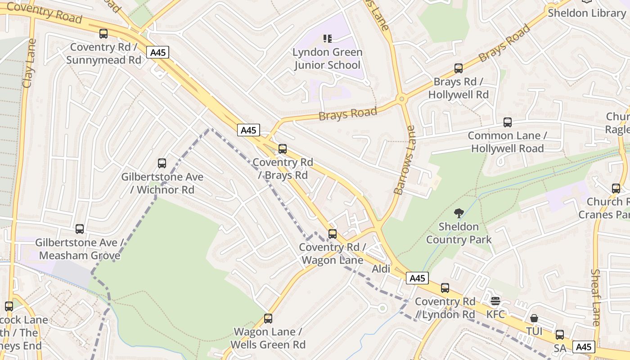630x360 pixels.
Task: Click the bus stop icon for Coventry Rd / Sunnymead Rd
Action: (x=103, y=34)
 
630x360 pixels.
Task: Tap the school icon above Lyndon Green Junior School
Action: (x=327, y=39)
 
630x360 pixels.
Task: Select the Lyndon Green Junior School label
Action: (x=327, y=58)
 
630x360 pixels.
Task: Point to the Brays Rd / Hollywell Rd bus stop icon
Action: (x=458, y=68)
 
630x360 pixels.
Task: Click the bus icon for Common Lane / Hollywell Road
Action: (x=508, y=122)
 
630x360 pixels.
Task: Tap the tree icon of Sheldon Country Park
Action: (x=459, y=213)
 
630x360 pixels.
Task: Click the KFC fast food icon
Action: (x=495, y=301)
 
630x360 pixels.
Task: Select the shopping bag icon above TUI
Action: (x=534, y=318)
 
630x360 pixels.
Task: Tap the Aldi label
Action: (x=381, y=269)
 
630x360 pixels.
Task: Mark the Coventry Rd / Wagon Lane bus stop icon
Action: (x=333, y=234)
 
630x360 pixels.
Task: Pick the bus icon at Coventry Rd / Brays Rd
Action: (x=283, y=148)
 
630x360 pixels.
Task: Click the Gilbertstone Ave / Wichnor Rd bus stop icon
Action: (x=162, y=163)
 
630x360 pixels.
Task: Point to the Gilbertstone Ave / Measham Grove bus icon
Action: (x=80, y=229)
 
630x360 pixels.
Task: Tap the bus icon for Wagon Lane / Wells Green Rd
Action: (x=268, y=319)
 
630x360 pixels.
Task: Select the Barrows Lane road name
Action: (x=404, y=160)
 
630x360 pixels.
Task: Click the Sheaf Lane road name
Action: (x=596, y=297)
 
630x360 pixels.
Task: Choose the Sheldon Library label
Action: (x=587, y=13)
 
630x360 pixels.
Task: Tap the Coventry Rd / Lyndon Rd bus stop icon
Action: (x=445, y=288)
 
